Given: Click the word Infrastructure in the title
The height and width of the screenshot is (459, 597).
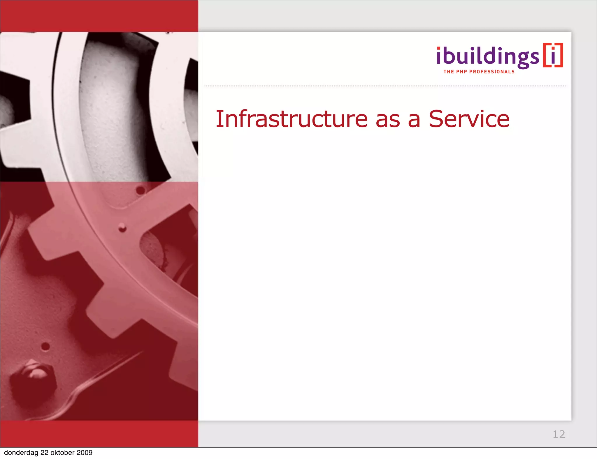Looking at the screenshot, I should [x=292, y=119].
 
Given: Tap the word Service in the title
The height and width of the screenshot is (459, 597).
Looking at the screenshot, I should [x=469, y=119].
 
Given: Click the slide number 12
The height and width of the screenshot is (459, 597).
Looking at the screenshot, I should [x=559, y=434].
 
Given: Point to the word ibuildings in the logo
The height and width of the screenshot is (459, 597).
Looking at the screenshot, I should [x=488, y=57].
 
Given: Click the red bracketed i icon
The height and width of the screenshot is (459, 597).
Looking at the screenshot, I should [x=553, y=55].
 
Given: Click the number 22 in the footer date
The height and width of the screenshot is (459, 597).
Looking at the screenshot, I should [x=44, y=453].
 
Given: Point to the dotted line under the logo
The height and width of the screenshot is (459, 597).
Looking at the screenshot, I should [x=385, y=86].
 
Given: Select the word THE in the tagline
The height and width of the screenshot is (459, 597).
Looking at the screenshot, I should [x=449, y=72].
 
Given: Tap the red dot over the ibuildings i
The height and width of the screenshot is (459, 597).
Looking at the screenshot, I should [x=439, y=49].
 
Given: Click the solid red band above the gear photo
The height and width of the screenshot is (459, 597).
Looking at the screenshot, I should [x=99, y=16].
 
